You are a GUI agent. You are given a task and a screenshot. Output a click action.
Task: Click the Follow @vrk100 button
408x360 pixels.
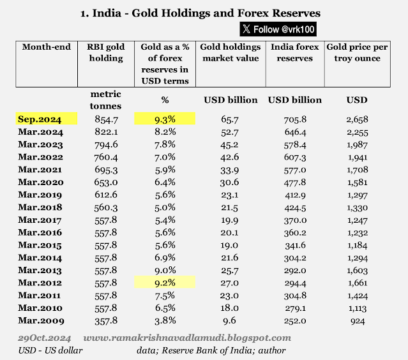tap(278, 29)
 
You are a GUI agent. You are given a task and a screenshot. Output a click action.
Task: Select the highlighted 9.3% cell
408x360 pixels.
tap(164, 119)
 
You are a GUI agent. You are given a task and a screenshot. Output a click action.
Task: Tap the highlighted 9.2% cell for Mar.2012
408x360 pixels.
tap(164, 281)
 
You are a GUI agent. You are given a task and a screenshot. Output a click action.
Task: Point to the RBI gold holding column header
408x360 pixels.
tap(105, 53)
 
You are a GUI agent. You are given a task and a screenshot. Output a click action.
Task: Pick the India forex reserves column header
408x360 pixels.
tap(292, 53)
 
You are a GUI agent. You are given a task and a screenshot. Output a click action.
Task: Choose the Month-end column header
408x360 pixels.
tap(46, 47)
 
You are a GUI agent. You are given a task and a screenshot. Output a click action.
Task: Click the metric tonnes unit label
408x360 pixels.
tap(105, 100)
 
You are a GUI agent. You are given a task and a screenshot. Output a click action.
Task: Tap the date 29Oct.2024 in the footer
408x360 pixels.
tap(44, 338)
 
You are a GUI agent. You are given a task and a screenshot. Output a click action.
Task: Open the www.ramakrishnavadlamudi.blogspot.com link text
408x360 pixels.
tap(187, 338)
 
